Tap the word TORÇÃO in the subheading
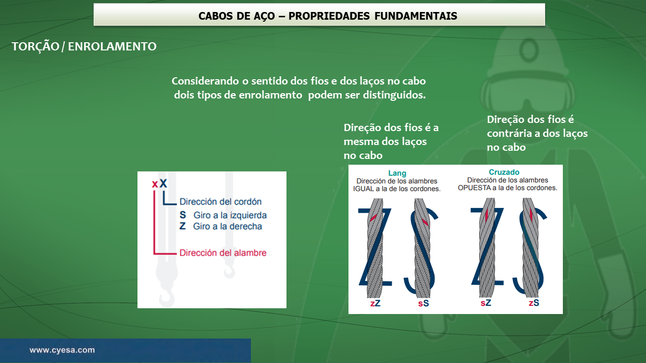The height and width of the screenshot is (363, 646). click(x=36, y=47)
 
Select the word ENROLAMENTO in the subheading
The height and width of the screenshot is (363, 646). click(x=112, y=47)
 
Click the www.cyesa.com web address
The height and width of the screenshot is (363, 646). click(x=62, y=350)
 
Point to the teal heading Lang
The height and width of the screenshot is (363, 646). click(x=397, y=173)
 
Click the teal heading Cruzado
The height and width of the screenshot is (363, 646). click(x=504, y=172)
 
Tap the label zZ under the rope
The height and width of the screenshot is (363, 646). click(x=375, y=303)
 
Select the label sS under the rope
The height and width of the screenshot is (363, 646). click(x=423, y=303)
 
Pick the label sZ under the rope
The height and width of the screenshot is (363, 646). click(x=485, y=303)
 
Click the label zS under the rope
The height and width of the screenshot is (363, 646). click(x=534, y=303)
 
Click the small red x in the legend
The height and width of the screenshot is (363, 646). click(x=155, y=184)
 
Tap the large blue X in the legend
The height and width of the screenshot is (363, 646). click(x=163, y=183)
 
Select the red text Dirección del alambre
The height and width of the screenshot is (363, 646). click(x=223, y=253)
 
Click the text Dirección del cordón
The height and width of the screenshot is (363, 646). click(x=221, y=202)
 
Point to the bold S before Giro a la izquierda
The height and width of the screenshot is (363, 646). click(x=183, y=215)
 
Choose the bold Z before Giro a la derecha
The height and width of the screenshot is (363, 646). click(x=183, y=226)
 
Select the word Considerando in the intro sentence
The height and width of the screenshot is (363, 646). click(x=205, y=81)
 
